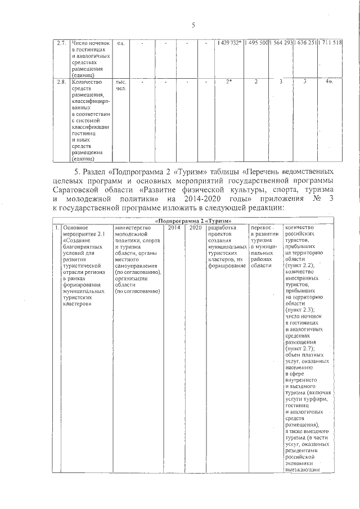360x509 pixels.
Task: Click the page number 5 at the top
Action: pos(192,25)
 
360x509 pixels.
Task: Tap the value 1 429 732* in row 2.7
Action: pos(229,43)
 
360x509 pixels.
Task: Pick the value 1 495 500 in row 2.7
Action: pos(255,43)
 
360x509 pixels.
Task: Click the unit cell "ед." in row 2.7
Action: pos(120,43)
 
